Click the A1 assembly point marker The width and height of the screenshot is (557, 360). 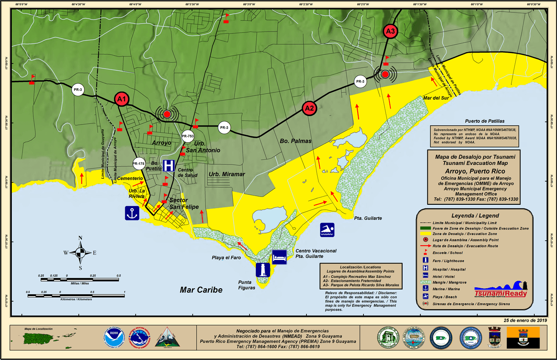click(x=121, y=100)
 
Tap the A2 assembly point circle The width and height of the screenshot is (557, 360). click(x=309, y=109)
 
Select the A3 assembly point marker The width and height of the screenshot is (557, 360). click(x=390, y=31)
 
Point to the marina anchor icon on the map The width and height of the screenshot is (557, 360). click(x=132, y=213)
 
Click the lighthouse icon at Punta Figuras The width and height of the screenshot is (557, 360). click(x=263, y=270)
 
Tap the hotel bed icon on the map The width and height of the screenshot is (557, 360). click(x=279, y=257)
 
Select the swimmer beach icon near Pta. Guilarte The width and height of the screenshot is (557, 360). click(x=327, y=230)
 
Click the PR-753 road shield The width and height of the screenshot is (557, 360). click(x=188, y=136)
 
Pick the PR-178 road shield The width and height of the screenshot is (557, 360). click(x=139, y=163)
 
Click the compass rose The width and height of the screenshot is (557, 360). click(x=81, y=252)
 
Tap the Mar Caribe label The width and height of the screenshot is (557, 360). click(x=201, y=290)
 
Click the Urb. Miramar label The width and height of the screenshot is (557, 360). click(x=227, y=174)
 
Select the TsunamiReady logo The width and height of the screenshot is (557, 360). click(x=501, y=290)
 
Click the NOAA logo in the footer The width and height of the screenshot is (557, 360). click(x=114, y=338)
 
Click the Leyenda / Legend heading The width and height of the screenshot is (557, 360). click(x=475, y=215)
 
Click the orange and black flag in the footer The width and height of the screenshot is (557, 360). click(x=529, y=338)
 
